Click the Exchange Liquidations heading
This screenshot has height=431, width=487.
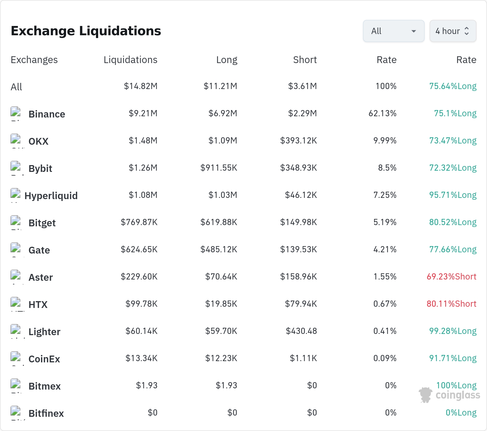86,31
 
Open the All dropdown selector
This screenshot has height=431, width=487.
393,31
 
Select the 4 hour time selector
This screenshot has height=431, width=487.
453,31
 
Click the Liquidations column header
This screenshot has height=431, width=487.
131,60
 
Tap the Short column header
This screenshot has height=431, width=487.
305,60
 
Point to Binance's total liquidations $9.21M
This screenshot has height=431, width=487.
143,113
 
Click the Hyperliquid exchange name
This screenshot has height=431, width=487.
51,196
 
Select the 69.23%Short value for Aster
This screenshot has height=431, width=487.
452,277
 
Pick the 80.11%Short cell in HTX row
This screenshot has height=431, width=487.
452,304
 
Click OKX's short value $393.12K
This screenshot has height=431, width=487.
298,141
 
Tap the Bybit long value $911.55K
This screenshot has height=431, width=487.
219,168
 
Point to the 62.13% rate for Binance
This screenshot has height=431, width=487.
382,113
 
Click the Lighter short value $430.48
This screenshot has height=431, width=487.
301,331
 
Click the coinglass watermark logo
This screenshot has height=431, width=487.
449,395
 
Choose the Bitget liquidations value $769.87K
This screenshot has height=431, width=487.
139,222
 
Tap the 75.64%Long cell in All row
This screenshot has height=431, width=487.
453,86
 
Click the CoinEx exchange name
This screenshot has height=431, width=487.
44,359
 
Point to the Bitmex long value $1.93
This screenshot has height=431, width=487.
227,386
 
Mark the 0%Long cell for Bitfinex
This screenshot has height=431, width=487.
461,413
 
